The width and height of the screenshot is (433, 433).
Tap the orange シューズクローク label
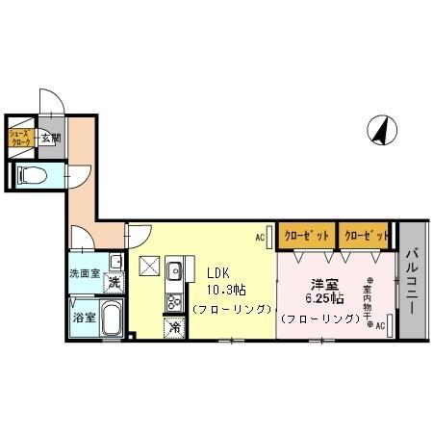coord(22,138)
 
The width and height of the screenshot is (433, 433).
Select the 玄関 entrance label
coord(50,138)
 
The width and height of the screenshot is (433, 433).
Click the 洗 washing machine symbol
coord(115,283)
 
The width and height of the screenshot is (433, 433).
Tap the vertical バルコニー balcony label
coord(411,278)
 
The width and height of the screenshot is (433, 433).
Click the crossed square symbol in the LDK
coord(149,267)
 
